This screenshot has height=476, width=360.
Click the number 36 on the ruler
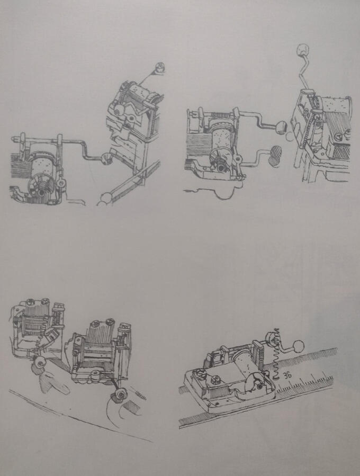tap(287, 375)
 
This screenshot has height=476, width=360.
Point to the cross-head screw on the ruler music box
tap(215, 379)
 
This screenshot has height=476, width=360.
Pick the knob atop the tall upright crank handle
tap(303, 50)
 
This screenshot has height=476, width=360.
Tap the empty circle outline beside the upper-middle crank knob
tap(290, 136)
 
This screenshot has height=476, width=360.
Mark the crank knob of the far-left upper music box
tap(106, 157)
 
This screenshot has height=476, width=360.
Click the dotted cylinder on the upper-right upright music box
tap(336, 105)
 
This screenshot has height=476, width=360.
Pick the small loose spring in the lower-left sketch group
tap(140, 394)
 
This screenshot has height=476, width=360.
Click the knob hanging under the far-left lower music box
tap(40, 362)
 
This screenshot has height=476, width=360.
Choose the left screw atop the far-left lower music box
tap(31, 302)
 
